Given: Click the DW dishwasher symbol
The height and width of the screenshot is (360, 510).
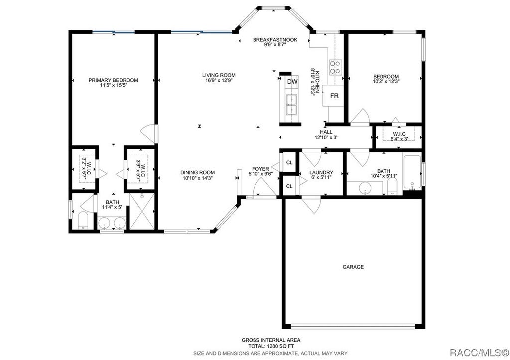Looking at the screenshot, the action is pos(292,82).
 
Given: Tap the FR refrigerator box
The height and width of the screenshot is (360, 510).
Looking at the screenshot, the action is pos(334,96).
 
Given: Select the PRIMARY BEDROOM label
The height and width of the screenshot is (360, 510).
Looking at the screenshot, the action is pos(113,80).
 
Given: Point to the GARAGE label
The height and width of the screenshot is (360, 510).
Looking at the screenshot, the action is pos(353,267).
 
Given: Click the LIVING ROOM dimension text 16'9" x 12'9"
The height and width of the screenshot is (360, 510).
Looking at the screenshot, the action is pos(219,80).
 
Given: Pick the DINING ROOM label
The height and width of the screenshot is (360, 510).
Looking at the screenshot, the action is pos(198,172).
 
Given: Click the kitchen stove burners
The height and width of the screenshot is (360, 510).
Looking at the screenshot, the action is pos(335,67).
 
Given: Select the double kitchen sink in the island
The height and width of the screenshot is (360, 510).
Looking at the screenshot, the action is pos(291,105).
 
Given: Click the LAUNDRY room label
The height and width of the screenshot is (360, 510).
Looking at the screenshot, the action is pos(321,172).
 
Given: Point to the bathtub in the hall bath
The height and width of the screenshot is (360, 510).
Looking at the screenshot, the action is pos(412,172).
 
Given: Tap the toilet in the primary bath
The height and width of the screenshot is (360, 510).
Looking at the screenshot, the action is pos(84,220).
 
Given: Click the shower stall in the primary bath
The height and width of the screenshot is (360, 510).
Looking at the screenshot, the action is pos(142,211).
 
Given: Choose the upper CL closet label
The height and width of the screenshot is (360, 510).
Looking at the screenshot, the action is pos(289,163).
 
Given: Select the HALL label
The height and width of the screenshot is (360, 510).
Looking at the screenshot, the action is pos(326,132).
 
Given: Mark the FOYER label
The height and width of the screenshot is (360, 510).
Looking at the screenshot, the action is pos(260,169).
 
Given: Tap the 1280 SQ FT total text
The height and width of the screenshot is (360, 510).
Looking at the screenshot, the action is pos(273,346).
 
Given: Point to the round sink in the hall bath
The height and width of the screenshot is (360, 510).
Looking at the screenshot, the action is pos(365,188).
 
